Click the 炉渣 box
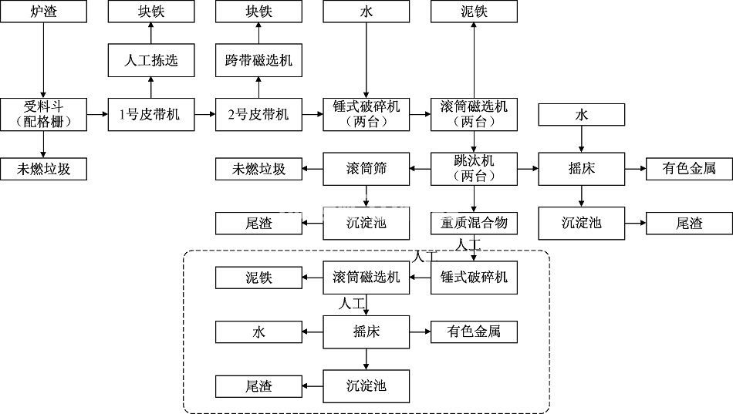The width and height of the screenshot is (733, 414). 43,12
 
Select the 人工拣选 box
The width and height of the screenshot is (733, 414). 150,61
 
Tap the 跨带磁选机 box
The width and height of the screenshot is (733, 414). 258,61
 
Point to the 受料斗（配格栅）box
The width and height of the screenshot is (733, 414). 43,113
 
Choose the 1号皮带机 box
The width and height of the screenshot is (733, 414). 150,114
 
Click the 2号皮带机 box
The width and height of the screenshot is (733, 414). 258,114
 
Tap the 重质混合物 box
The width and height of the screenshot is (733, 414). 474,224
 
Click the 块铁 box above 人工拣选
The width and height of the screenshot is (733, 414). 150,12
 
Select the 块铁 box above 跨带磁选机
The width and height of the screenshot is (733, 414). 258,12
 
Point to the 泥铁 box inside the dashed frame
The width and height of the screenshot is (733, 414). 258,278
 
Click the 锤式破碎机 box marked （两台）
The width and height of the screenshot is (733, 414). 366,113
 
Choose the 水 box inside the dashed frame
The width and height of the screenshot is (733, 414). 258,332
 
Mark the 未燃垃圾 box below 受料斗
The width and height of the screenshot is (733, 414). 43,169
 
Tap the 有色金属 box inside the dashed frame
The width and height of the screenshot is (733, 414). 474,332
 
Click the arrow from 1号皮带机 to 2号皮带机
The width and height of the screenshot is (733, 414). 204,114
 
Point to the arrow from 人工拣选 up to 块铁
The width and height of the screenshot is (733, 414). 150,33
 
